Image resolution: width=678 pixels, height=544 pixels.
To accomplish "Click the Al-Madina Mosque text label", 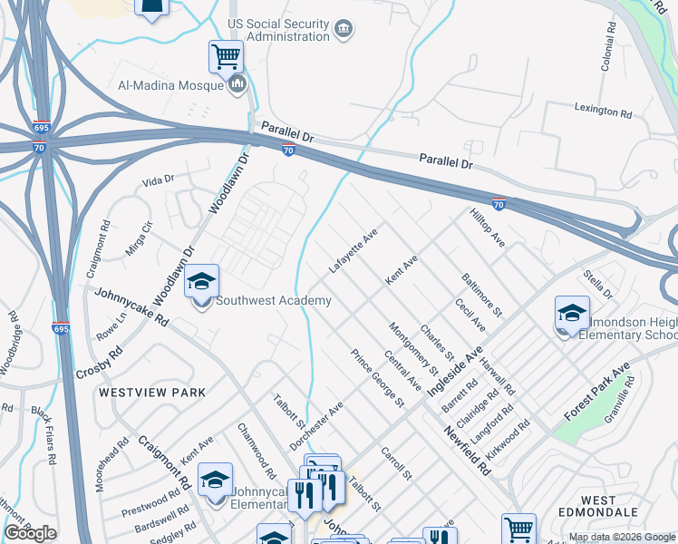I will point(170,85).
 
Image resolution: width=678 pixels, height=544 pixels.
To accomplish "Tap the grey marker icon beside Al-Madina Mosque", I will point(238,84).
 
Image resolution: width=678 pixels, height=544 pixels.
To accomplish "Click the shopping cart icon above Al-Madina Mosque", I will point(226,56).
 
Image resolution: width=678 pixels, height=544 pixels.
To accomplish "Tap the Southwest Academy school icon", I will point(202,282).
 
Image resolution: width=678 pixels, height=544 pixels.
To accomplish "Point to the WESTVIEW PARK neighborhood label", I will point(152,393).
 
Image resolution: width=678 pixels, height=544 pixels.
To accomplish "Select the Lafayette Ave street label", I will point(353,251).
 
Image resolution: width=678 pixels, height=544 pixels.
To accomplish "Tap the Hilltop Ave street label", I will point(487,228).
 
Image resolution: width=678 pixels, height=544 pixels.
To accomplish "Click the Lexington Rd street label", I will point(603,111).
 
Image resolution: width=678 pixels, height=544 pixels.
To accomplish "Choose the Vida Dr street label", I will point(158,180).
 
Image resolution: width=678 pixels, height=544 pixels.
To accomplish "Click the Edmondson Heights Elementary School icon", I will point(572,315).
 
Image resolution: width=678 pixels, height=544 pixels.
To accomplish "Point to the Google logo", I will point(31,533).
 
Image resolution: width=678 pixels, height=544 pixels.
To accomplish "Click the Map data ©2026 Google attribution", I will point(621,537).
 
